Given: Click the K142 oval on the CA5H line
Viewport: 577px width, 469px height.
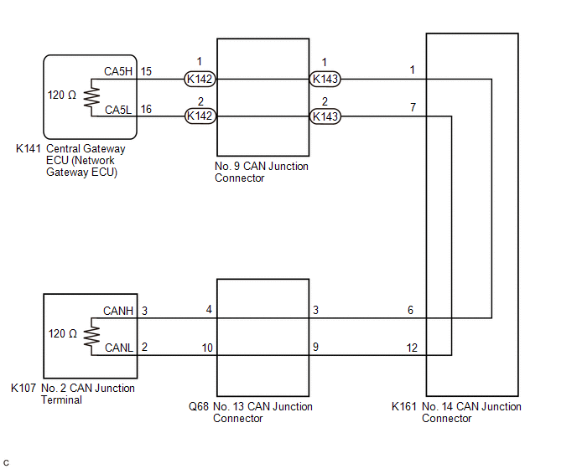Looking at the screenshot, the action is coord(200,79).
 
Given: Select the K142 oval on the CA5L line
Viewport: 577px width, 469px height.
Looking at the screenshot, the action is coord(200,116).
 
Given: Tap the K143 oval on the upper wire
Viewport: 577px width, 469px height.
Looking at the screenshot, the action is coord(325,79).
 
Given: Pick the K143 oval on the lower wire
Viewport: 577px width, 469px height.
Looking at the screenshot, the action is coord(325,116).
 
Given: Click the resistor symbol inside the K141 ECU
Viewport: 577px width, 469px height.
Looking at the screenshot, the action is coord(91,97).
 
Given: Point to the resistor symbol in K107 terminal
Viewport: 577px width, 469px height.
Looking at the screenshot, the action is coord(91,337).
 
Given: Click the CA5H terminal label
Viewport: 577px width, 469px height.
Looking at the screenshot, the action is coord(118,71).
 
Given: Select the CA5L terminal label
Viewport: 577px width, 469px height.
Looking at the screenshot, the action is coord(118,110).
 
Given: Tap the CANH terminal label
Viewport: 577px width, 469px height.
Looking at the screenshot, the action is coord(118,311).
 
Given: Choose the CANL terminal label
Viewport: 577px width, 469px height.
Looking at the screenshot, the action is coord(119,348).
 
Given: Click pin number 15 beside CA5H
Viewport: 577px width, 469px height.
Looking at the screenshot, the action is coord(146,71).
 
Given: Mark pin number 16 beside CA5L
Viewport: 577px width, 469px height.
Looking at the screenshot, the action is coord(146,109).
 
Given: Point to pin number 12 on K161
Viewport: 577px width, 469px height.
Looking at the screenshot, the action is coord(412,348).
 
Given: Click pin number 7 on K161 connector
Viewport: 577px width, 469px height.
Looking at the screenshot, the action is coord(413,107).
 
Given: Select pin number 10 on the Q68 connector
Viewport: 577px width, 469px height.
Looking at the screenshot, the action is coord(207,348).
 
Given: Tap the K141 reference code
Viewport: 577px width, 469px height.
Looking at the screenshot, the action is coord(28,148).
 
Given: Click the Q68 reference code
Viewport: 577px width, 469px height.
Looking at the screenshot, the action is coord(199,406).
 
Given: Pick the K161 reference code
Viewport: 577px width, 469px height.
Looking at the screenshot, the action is coord(403,406).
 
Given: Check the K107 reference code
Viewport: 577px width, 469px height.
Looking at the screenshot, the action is coord(23,388).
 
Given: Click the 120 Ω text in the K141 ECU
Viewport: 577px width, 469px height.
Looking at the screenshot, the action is coord(62,95).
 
